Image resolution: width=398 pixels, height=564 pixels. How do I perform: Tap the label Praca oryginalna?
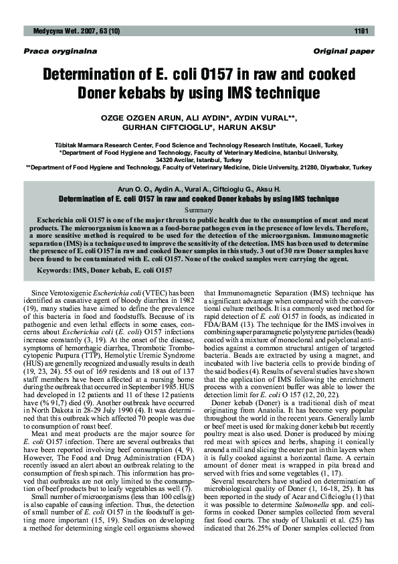[51, 52]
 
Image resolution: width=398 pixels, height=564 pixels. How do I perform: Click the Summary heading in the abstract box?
[199, 210]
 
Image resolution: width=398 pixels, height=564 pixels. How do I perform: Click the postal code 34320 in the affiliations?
[167, 160]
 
